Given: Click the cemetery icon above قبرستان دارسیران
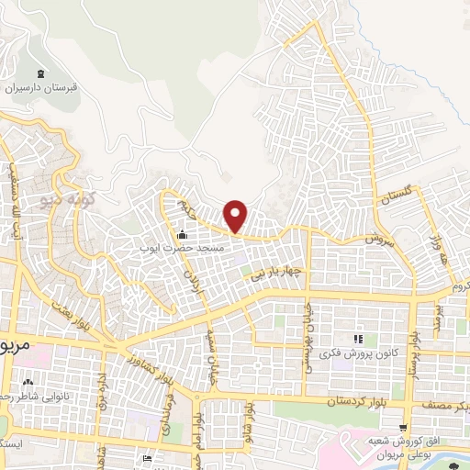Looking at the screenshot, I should point(39,74).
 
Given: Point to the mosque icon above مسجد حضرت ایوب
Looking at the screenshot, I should point(181,232).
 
